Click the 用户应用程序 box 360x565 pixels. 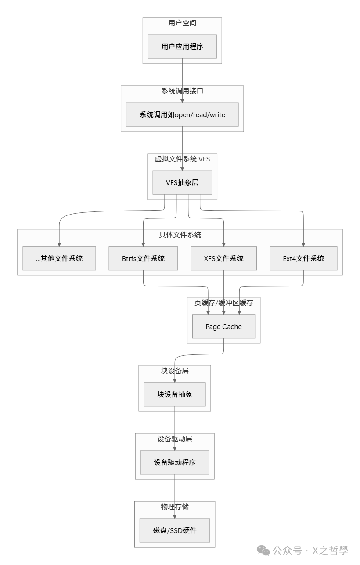click(x=182, y=46)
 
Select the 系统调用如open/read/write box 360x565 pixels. click(x=182, y=114)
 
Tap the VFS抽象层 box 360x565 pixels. click(x=182, y=182)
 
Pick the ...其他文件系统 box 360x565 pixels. click(x=59, y=258)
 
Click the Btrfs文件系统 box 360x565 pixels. click(x=143, y=258)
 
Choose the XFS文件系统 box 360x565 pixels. click(x=224, y=258)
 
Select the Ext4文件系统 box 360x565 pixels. click(x=303, y=258)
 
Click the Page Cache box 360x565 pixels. click(x=224, y=326)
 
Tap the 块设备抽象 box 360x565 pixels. click(x=175, y=394)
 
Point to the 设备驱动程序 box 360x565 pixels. click(x=175, y=462)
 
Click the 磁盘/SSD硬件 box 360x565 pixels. click(x=175, y=530)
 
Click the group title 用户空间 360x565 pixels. click(x=182, y=23)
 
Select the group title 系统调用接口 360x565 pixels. click(x=182, y=91)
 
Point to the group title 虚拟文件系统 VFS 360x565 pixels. click(x=182, y=159)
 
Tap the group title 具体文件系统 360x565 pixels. click(x=180, y=235)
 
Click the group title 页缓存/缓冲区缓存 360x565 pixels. click(x=224, y=303)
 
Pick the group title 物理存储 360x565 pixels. click(x=175, y=507)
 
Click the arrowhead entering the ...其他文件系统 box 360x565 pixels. click(x=59, y=244)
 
